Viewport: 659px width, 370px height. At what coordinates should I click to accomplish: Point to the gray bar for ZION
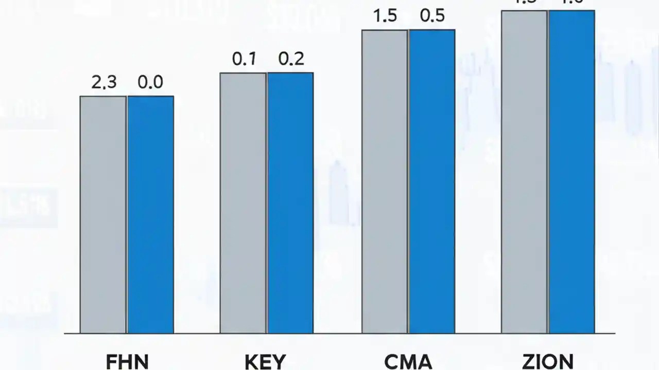click(x=525, y=172)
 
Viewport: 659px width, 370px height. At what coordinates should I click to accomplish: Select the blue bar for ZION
click(x=571, y=172)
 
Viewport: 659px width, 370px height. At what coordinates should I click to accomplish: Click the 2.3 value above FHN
click(x=104, y=82)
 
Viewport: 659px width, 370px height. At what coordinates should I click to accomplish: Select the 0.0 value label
click(x=150, y=82)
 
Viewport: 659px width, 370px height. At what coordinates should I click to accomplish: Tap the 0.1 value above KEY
click(x=244, y=59)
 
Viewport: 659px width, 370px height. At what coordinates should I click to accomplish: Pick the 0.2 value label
click(x=291, y=59)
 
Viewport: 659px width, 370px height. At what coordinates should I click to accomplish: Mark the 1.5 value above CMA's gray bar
click(x=385, y=16)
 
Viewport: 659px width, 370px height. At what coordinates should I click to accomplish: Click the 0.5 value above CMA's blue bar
click(x=432, y=16)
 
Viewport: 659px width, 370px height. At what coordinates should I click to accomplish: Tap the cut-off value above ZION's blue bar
click(x=571, y=2)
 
